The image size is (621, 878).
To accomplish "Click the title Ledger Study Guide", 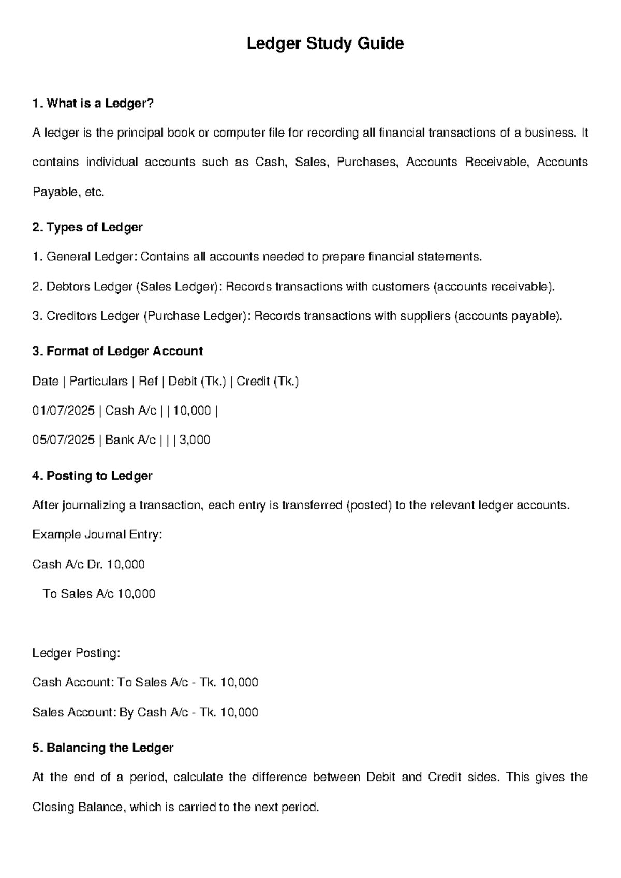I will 325,43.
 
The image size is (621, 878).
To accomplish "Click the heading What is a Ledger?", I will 93,104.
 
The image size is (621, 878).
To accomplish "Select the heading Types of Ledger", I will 87,227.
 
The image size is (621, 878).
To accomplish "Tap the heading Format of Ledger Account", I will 117,352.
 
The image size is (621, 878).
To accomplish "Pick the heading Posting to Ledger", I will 92,476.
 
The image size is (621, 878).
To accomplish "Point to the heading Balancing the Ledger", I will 102,748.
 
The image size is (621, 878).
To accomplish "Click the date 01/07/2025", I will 63,411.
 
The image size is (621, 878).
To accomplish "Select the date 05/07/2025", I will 63,441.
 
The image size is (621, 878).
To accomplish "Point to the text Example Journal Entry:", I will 97,534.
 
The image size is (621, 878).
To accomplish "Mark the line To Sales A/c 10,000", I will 99,594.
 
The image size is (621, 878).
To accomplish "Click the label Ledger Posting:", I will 76,653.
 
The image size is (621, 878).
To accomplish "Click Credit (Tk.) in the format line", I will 268,382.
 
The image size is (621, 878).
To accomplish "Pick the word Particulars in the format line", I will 98,382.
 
